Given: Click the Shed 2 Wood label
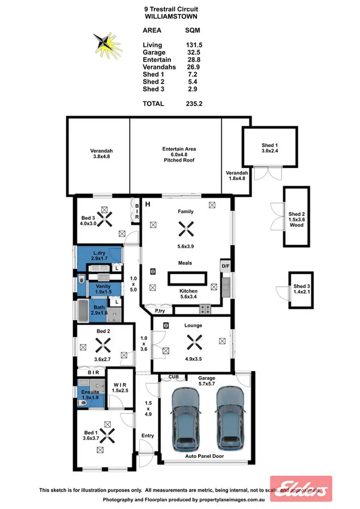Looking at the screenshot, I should (x=297, y=219).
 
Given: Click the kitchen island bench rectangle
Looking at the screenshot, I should (x=187, y=279).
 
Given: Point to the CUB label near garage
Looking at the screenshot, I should (x=174, y=378).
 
